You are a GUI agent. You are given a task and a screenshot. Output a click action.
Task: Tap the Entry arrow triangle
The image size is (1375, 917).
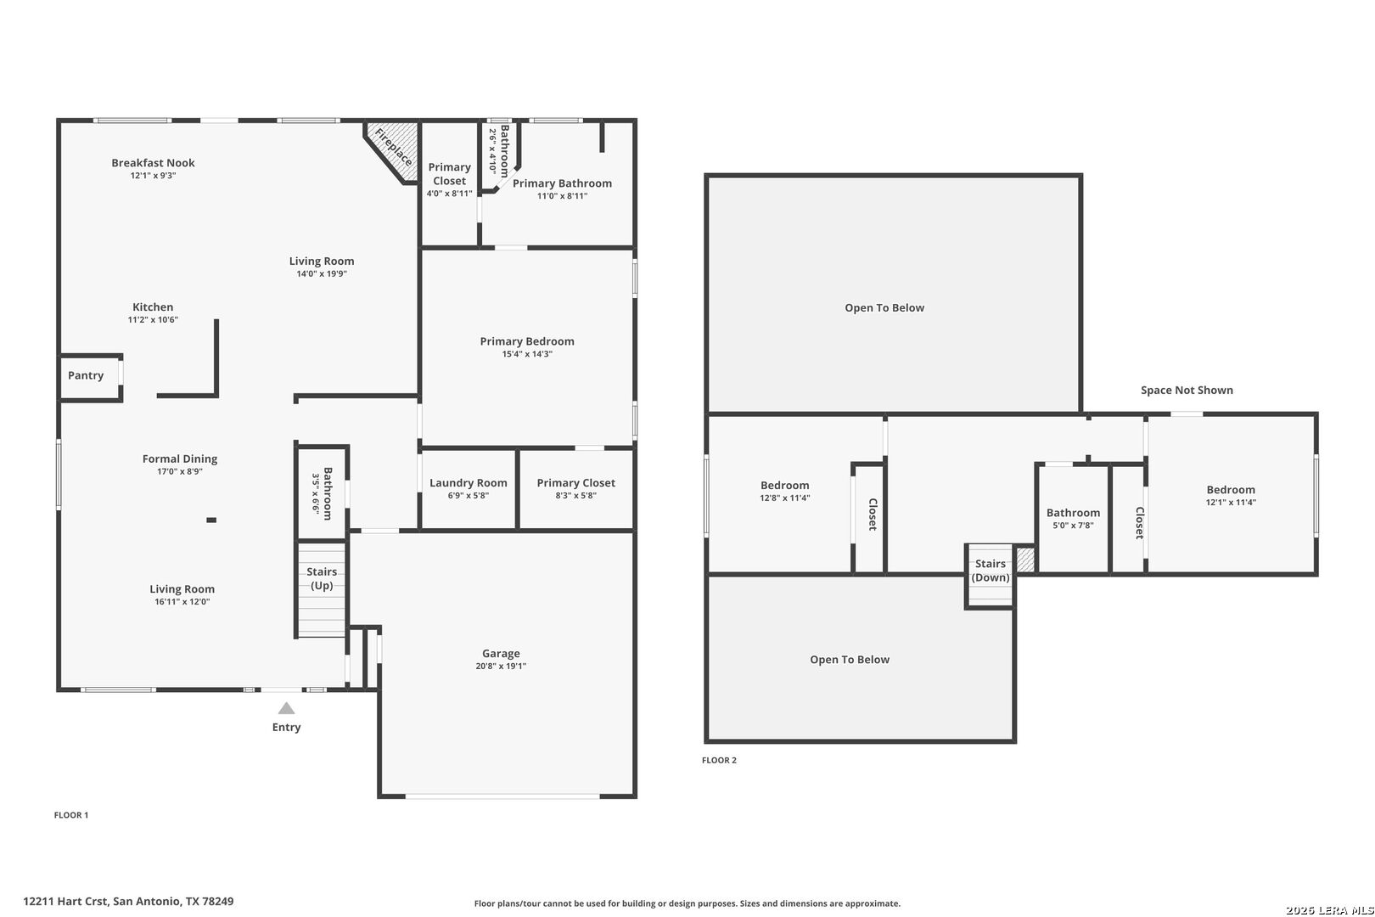click(286, 708)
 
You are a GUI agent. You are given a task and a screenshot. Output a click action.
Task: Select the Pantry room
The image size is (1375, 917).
click(90, 378)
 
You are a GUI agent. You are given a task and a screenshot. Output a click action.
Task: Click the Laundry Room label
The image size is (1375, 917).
click(469, 483)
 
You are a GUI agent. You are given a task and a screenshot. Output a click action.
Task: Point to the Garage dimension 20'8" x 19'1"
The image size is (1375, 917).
click(501, 666)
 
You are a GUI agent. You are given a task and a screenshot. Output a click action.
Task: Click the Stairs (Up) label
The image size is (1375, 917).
click(322, 578)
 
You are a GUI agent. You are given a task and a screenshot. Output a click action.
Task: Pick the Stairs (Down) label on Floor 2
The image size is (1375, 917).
click(991, 571)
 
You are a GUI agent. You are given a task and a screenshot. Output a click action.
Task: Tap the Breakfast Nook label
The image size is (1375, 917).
click(153, 163)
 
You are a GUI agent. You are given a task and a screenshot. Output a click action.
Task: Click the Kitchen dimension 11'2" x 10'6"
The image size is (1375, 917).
click(153, 319)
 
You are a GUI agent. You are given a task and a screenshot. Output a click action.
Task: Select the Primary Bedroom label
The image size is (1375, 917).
click(527, 340)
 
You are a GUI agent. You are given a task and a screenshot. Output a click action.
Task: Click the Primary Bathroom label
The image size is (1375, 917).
click(562, 183)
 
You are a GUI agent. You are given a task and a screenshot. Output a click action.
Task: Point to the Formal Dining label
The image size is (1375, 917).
click(180, 458)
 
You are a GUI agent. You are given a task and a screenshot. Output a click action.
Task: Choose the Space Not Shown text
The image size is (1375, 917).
click(1187, 390)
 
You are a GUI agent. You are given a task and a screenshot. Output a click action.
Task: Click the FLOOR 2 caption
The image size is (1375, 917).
click(719, 760)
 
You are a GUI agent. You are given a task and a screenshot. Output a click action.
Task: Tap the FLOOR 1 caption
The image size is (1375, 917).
click(71, 815)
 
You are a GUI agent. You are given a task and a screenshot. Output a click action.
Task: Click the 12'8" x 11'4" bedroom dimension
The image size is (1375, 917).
click(784, 498)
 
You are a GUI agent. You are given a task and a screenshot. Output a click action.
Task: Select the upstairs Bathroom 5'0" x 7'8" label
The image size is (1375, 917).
click(1073, 513)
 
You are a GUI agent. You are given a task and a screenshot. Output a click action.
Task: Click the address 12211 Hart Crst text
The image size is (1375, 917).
click(66, 901)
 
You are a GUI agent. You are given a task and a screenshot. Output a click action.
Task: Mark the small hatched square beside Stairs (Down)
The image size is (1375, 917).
click(1025, 559)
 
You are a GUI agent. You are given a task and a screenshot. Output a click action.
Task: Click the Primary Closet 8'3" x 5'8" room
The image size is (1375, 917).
click(575, 490)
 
